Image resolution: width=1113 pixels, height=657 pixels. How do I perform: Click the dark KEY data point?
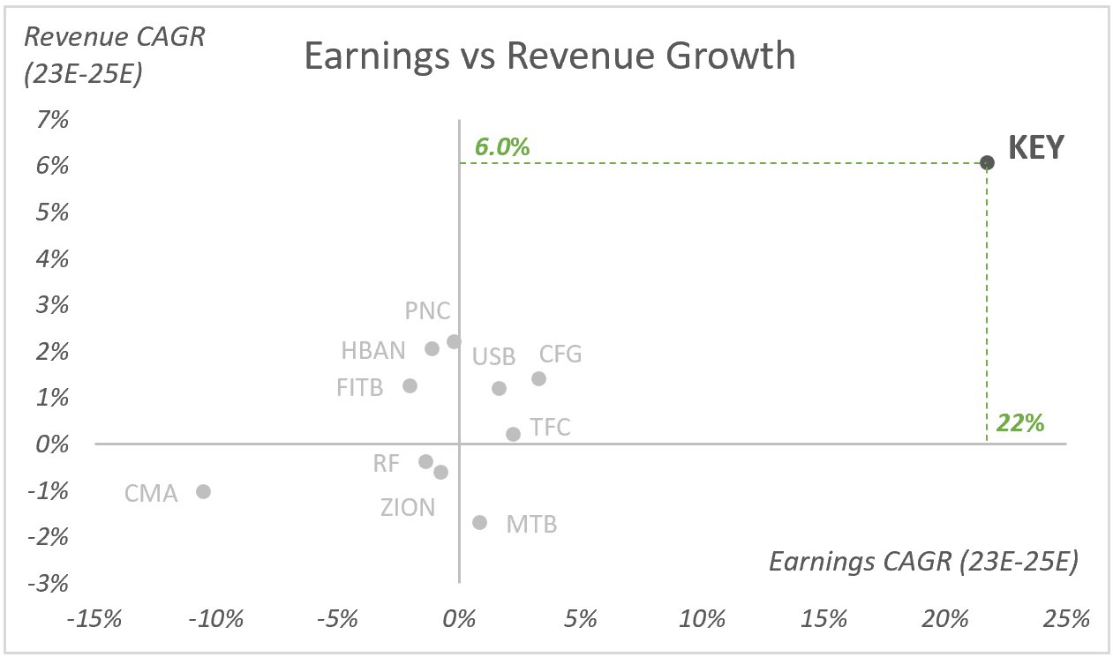click(x=987, y=162)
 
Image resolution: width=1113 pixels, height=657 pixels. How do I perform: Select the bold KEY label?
click(x=1036, y=147)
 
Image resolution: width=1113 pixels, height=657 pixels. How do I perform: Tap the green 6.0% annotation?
click(x=502, y=146)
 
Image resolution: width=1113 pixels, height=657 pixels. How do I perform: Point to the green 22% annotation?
click(x=1020, y=423)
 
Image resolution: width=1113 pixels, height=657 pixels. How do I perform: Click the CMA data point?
click(x=203, y=491)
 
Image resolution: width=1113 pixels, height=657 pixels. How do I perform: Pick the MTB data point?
click(x=479, y=522)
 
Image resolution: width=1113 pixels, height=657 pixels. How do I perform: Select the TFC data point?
click(x=513, y=434)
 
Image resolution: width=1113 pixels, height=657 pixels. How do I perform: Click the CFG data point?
click(x=538, y=378)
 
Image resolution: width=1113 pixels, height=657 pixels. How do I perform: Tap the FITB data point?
click(x=410, y=385)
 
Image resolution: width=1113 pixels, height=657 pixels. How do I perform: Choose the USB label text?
click(x=493, y=357)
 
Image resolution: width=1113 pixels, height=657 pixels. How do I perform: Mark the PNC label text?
click(x=427, y=311)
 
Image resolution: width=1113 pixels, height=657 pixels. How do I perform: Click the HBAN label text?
click(x=373, y=351)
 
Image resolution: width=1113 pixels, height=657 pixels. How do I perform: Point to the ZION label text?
click(x=408, y=508)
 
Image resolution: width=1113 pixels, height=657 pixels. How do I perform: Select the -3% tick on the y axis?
click(x=49, y=584)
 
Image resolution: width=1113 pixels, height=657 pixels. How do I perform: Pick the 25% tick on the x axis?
click(x=1066, y=619)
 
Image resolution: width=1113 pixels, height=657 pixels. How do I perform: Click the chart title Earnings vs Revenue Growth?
click(x=549, y=56)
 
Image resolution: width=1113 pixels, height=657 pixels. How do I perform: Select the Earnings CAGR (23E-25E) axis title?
click(x=923, y=562)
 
